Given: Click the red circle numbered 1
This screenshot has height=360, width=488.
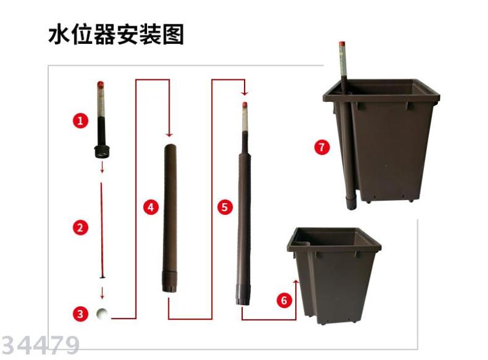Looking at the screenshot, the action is (81, 121).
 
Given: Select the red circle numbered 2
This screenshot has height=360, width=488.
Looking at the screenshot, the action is (81, 227).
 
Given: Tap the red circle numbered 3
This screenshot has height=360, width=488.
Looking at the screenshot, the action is (81, 313).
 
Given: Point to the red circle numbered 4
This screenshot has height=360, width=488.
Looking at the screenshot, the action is (151, 207).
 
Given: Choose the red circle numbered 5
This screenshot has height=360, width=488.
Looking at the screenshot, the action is (225, 207).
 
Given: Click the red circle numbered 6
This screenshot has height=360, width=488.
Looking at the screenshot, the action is (284, 300).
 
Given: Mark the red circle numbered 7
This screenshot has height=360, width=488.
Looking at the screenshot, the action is (322, 147).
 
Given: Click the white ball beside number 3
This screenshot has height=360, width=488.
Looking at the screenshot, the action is (102, 313).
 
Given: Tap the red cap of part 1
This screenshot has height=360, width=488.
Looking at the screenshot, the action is (101, 84).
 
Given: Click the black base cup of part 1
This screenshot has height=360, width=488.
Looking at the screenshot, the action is (101, 151).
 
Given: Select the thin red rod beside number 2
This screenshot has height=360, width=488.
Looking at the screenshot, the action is (101, 230).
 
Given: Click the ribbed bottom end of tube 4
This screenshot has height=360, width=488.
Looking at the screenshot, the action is (170, 282).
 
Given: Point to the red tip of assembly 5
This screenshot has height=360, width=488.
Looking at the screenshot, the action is (245, 105).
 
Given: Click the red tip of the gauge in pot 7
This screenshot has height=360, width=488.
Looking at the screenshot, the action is (342, 44).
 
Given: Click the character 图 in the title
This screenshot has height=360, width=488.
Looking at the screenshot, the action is (173, 34).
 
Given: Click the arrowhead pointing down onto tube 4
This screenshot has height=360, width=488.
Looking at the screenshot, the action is (169, 134).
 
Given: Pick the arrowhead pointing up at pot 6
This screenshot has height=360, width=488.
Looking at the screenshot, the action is (296, 282).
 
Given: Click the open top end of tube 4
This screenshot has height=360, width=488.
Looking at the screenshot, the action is (171, 147).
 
